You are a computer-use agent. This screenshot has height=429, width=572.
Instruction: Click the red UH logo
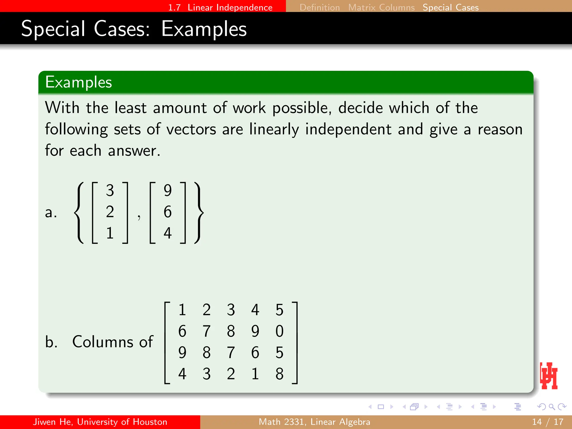(549, 376)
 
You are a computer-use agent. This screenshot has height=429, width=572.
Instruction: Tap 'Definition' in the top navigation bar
(320, 7)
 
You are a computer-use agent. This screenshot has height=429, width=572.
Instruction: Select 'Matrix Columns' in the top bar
(381, 7)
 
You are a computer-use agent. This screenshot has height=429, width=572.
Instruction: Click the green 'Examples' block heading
(78, 82)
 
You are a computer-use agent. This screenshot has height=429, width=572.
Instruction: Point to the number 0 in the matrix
(279, 331)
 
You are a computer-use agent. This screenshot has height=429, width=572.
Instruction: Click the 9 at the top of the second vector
(168, 190)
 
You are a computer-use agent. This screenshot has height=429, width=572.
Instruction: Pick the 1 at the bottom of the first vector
(110, 233)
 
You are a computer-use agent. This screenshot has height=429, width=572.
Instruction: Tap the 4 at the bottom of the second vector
(168, 233)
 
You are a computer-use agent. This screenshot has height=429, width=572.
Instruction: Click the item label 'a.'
(51, 212)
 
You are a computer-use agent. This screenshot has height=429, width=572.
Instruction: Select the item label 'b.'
(51, 342)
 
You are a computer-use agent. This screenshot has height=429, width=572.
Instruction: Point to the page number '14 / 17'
(547, 422)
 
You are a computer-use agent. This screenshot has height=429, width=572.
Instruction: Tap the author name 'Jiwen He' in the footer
(53, 422)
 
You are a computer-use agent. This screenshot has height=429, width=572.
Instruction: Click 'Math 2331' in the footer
(281, 422)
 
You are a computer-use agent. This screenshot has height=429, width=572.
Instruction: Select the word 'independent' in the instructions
(348, 129)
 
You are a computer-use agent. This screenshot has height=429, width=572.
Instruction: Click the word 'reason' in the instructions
(500, 129)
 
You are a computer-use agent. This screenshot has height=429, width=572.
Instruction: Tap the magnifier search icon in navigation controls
(552, 407)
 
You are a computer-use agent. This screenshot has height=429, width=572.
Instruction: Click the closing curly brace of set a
(199, 213)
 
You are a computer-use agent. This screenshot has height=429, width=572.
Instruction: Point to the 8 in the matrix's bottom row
(279, 374)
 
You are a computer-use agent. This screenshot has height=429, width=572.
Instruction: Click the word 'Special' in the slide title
(53, 29)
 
